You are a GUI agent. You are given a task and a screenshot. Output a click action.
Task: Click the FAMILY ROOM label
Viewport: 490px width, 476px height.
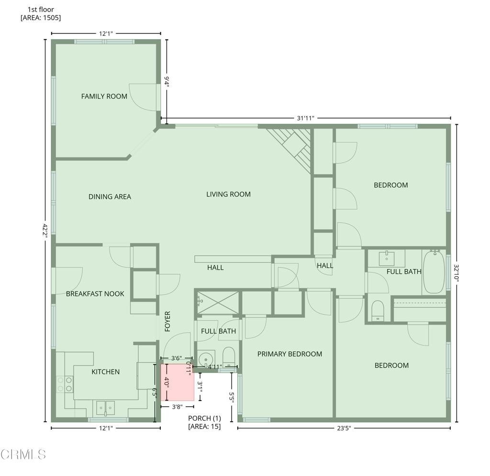pyautogui.click(x=104, y=97)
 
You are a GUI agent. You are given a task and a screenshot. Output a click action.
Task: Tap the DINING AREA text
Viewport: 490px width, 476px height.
pyautogui.click(x=110, y=196)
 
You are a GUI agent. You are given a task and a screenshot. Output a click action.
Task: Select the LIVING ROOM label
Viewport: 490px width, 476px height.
pyautogui.click(x=228, y=194)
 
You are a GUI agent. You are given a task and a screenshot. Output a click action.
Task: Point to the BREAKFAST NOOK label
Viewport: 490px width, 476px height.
pyautogui.click(x=95, y=294)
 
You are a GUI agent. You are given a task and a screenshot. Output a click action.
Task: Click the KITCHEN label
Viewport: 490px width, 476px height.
pyautogui.click(x=106, y=372)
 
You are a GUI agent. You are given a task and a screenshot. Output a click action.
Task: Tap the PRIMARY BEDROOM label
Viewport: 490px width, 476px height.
pyautogui.click(x=290, y=354)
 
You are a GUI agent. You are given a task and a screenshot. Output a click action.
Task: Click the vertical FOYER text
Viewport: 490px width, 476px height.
pyautogui.click(x=167, y=321)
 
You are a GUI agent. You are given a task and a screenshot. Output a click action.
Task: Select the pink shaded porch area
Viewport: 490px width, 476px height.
pyautogui.click(x=177, y=382)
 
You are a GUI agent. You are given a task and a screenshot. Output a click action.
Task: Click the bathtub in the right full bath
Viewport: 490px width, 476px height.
pyautogui.click(x=434, y=271)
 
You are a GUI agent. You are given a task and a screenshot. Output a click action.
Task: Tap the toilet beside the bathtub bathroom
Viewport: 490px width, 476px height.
pyautogui.click(x=378, y=311)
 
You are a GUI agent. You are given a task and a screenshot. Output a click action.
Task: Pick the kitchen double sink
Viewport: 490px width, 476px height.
pyautogui.click(x=106, y=408)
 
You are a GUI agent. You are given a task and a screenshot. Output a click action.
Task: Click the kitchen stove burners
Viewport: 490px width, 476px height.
pyautogui.click(x=65, y=384)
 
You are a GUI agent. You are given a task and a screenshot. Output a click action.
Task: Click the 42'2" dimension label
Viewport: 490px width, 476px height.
pyautogui.click(x=45, y=231)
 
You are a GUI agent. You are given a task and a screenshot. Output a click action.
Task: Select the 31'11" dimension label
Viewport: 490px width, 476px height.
pyautogui.click(x=306, y=118)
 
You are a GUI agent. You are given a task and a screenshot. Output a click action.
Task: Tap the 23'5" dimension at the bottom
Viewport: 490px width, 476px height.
pyautogui.click(x=344, y=428)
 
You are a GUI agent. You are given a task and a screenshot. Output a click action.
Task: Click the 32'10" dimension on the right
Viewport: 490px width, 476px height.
pyautogui.click(x=456, y=273)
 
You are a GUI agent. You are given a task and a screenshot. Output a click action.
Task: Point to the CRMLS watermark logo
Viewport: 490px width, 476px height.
pyautogui.click(x=23, y=454)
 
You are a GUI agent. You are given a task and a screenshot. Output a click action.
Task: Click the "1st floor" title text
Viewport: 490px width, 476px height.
pyautogui.click(x=41, y=10)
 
